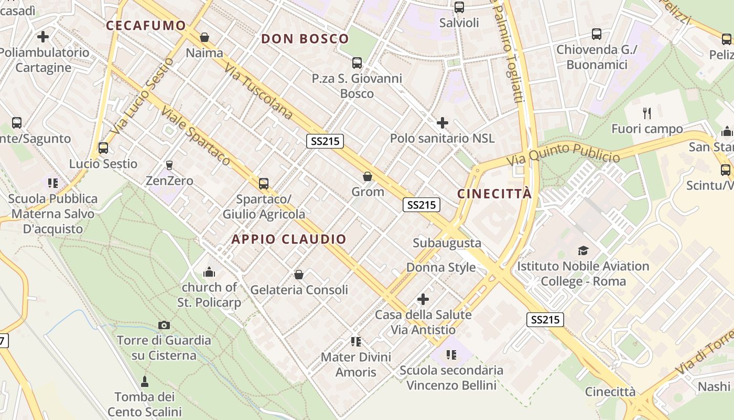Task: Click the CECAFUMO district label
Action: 146,25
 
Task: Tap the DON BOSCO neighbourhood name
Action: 305,38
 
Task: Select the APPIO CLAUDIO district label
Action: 289,239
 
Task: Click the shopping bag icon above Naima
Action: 204,37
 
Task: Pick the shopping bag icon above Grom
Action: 368,176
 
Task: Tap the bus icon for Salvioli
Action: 459,7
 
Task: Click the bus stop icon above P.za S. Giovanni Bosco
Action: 357,63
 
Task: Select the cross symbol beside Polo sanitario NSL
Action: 442,123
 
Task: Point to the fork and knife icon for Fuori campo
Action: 647,113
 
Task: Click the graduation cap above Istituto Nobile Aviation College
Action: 583,250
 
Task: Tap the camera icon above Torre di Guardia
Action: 164,325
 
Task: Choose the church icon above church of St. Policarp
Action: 209,272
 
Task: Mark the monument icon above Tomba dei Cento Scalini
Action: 145,381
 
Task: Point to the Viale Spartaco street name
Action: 196,136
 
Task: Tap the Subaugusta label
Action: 447,243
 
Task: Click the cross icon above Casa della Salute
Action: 423,299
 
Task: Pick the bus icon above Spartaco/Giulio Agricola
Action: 264,184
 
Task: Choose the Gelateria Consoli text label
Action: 299,290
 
